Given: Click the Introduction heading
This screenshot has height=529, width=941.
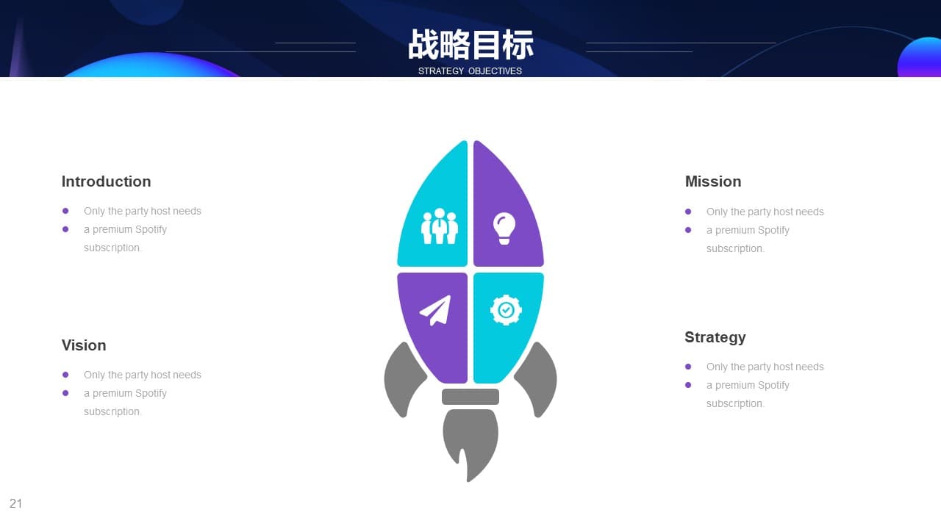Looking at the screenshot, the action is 107,181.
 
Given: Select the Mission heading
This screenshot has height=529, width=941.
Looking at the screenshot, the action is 713,181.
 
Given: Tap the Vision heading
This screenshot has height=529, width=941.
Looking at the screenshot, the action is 84,345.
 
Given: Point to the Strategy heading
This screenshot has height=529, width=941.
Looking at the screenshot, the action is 715,337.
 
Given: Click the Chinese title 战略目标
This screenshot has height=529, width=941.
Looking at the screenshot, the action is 470,45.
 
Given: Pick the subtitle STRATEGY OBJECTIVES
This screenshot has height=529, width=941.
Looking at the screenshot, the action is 470,71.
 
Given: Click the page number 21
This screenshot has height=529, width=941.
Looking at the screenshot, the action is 15,503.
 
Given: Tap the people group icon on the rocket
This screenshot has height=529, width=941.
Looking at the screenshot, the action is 440,226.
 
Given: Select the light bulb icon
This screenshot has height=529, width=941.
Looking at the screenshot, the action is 504,228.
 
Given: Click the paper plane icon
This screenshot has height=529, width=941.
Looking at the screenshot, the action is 436,311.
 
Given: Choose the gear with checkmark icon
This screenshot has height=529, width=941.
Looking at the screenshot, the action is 506,310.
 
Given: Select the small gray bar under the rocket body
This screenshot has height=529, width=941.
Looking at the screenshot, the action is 470,397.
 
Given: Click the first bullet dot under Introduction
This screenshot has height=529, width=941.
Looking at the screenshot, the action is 65,211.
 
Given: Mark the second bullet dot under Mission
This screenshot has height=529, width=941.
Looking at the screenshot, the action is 688,230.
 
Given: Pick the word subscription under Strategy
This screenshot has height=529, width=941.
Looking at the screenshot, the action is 734,403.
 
